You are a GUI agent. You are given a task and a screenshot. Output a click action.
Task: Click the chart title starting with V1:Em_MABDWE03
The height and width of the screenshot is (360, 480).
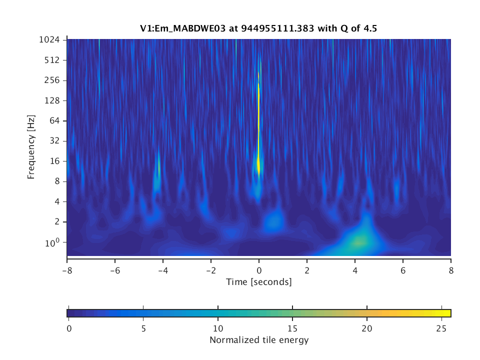tap(258, 28)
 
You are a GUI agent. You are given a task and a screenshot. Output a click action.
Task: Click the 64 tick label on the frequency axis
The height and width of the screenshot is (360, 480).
tap(55, 121)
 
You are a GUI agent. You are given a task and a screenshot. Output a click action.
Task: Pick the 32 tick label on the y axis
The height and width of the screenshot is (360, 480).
tap(55, 141)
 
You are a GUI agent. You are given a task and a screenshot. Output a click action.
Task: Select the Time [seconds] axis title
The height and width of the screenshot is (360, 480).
tap(258, 282)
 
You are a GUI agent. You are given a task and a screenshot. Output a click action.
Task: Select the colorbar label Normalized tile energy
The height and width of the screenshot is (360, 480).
tap(259, 340)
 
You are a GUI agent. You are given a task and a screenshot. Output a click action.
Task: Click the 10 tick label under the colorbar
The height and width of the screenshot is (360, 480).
tap(217, 328)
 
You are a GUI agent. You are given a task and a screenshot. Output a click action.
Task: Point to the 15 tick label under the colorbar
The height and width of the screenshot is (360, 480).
tap(292, 328)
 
